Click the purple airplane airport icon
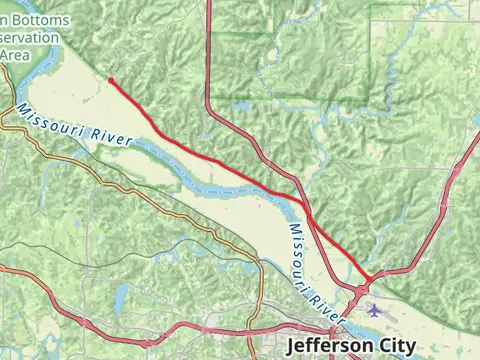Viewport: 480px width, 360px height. tap(374, 309)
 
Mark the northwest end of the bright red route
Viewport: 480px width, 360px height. tap(109, 79)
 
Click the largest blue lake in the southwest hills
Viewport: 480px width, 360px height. tap(121, 296)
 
